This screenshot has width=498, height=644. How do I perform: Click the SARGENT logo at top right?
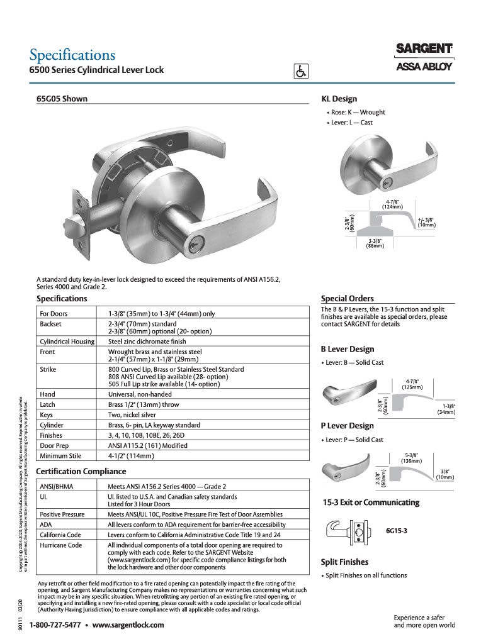[424, 48]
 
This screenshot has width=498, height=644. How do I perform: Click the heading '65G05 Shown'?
[62, 99]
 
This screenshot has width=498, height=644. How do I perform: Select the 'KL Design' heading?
[339, 99]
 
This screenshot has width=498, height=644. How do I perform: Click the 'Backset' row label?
[52, 323]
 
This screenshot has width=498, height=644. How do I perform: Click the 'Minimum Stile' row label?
[62, 455]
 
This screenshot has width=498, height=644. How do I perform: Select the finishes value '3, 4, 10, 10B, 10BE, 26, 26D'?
[147, 435]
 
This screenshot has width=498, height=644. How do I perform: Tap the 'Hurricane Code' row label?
[61, 545]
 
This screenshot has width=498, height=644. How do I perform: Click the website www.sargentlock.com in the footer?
[128, 625]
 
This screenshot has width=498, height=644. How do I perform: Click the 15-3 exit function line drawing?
[346, 530]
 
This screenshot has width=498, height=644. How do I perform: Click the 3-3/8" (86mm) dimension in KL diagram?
[376, 243]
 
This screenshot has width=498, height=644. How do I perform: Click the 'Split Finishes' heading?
[344, 562]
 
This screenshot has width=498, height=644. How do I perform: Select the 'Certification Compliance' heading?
[81, 471]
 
